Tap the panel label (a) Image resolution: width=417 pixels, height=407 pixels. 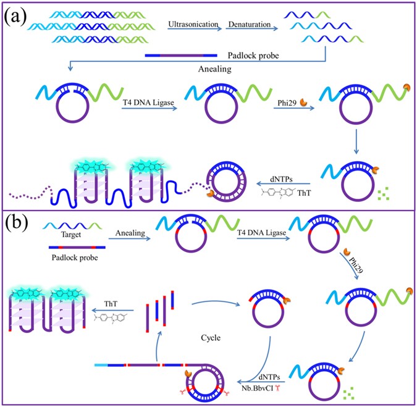(x=17, y=15)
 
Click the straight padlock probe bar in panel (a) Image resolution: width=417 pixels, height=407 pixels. (x=181, y=56)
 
